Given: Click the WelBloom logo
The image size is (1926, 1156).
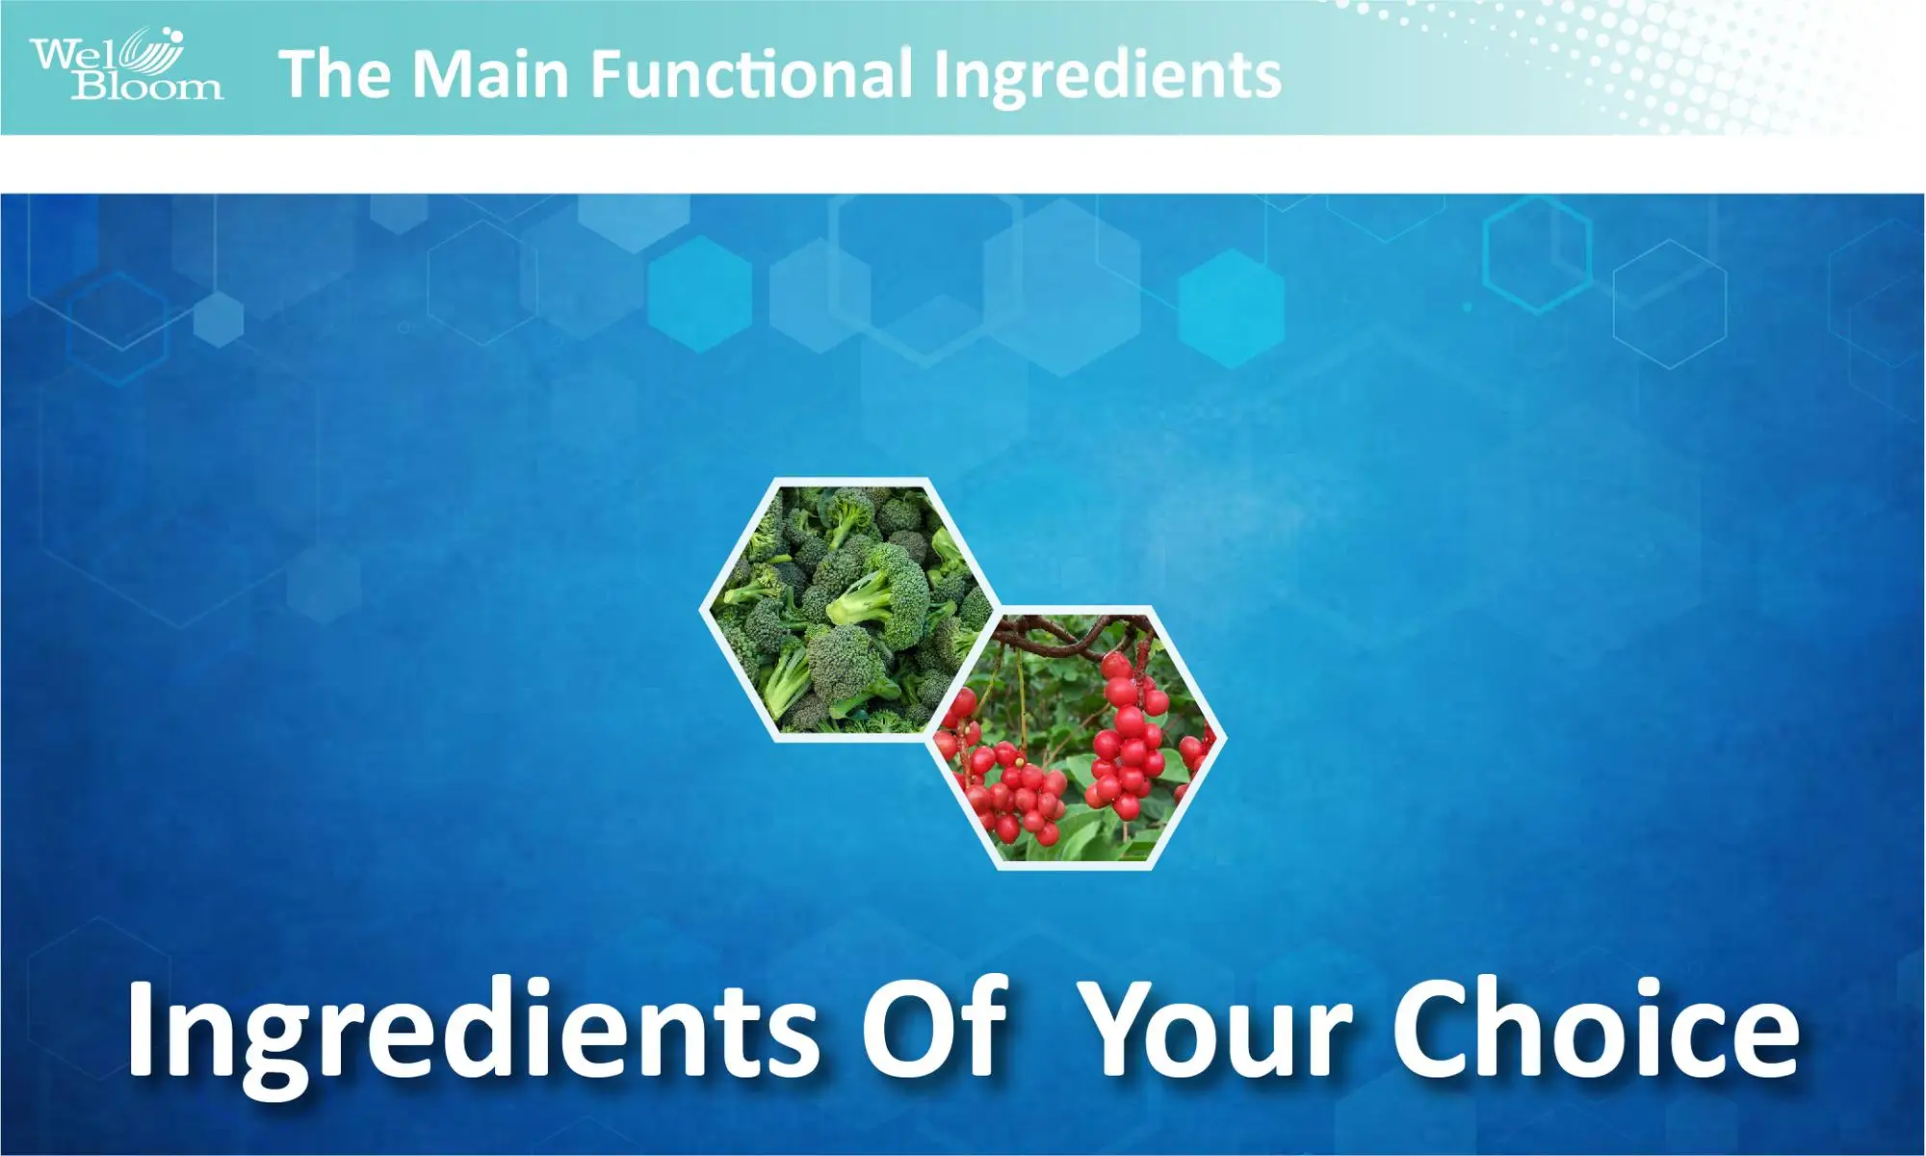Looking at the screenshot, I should (x=125, y=66).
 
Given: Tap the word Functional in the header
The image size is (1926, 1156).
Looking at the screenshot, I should (x=751, y=74).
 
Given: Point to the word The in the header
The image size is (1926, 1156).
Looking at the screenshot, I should (x=334, y=74).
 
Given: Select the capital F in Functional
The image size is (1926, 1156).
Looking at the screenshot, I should (x=606, y=74).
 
